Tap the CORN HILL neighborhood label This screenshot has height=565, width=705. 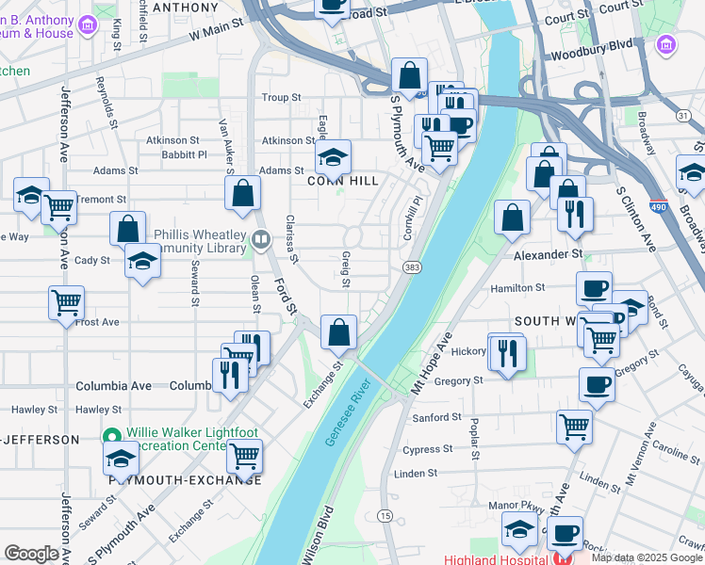pyautogui.click(x=343, y=181)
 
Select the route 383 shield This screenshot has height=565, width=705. pyautogui.click(x=412, y=268)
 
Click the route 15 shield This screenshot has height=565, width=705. pyautogui.click(x=385, y=515)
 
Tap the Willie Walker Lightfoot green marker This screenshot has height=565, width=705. pyautogui.click(x=112, y=436)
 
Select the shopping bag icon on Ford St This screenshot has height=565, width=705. pyautogui.click(x=243, y=193)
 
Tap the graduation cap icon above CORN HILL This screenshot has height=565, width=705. pyautogui.click(x=333, y=155)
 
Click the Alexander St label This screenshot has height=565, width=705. pyautogui.click(x=549, y=254)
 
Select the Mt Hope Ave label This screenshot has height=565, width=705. pyautogui.click(x=433, y=363)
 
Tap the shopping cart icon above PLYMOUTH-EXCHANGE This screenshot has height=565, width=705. pyautogui.click(x=245, y=455)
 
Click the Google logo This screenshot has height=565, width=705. pyautogui.click(x=31, y=554)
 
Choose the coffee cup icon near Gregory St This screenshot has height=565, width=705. pyautogui.click(x=597, y=383)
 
